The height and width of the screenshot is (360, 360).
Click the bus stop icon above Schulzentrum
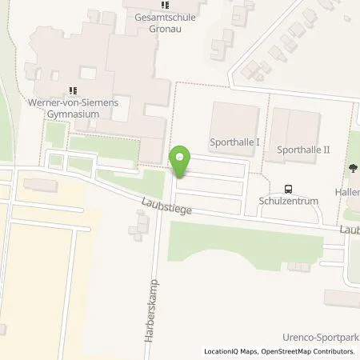click(288, 190)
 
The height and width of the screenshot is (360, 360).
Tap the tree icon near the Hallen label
click(352, 169)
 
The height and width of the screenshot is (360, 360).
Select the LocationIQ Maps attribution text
click(228, 351)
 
